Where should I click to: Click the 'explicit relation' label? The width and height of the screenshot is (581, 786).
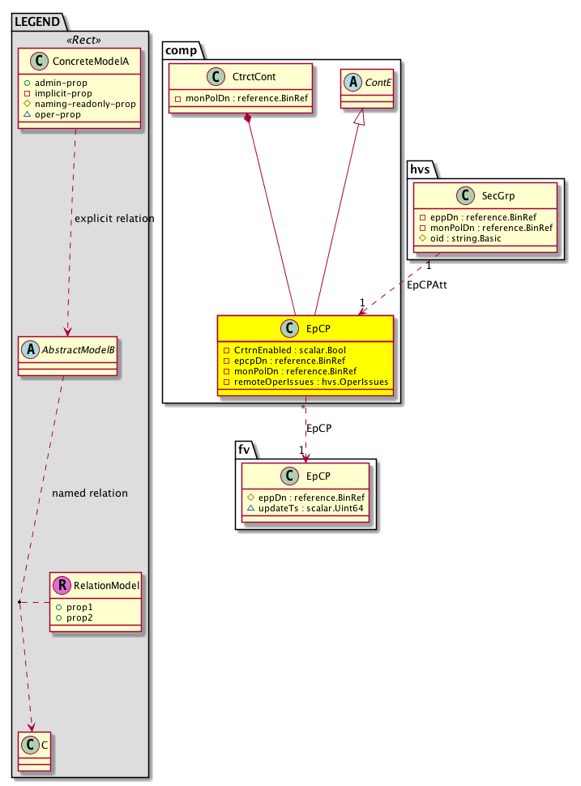pos(114,219)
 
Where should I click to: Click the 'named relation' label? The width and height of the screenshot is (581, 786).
pos(89,493)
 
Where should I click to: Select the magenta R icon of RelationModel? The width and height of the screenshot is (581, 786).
pos(62,585)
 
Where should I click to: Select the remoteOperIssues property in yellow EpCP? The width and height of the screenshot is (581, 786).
pos(310,381)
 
